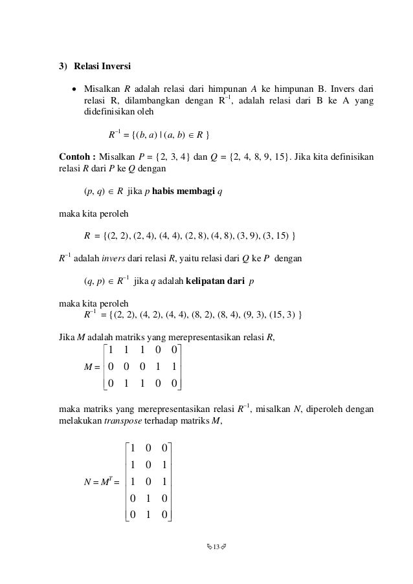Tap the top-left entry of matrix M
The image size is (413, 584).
point(112,351)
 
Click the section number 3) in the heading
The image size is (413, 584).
point(63,66)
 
